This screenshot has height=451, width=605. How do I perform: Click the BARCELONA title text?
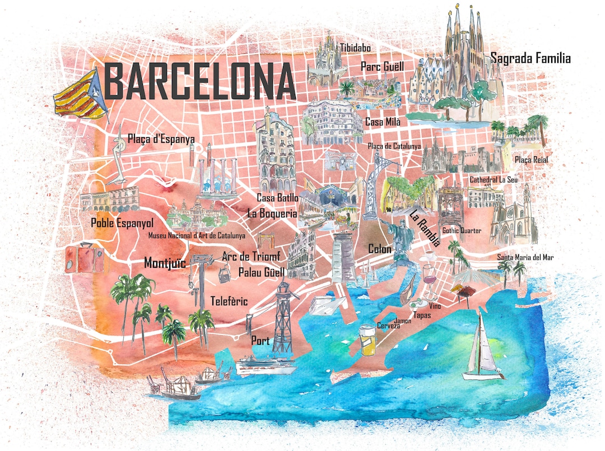[x=200, y=82]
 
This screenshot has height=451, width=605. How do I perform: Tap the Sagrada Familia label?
[x=530, y=58]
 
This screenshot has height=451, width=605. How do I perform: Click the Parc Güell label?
[x=382, y=67]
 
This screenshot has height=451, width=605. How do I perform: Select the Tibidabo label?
[x=355, y=48]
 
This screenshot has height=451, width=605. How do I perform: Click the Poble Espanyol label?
[x=122, y=223]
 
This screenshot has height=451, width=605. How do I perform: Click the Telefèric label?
[x=229, y=301]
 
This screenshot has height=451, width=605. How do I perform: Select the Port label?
[x=260, y=341]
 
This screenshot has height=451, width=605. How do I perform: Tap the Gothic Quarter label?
[x=462, y=230]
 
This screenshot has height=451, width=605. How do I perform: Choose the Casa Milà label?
[x=383, y=122]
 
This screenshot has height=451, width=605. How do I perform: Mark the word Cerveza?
[x=388, y=326]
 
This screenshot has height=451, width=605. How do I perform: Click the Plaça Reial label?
[x=531, y=160]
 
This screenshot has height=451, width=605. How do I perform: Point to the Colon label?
[x=380, y=248]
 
